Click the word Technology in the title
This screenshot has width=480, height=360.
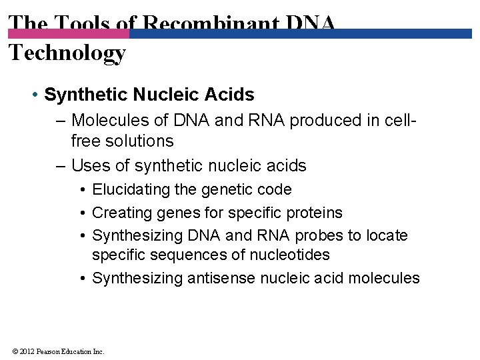tap(67, 52)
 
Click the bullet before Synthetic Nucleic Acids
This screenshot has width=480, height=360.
tap(34, 95)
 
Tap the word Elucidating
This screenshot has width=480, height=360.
tap(131, 190)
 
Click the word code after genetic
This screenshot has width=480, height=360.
tap(273, 190)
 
